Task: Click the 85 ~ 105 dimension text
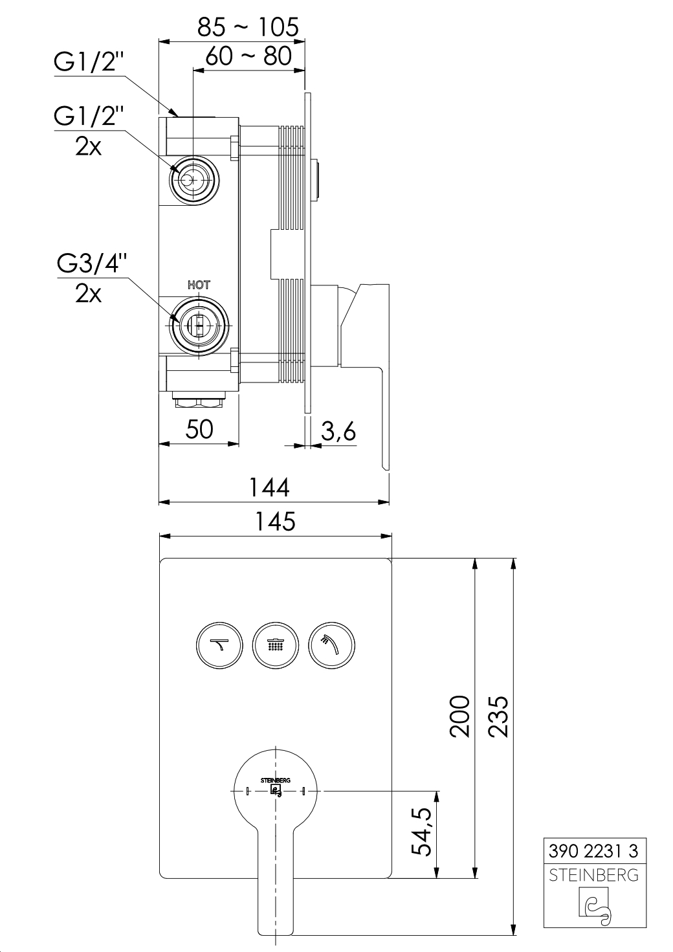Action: click(248, 27)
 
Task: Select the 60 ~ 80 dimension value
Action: click(249, 56)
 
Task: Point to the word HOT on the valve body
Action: click(199, 285)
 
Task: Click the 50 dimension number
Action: click(199, 429)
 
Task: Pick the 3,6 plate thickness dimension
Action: click(338, 432)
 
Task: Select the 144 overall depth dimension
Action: click(269, 487)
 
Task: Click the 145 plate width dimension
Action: click(275, 521)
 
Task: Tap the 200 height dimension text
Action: click(459, 716)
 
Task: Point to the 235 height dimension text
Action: click(498, 716)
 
